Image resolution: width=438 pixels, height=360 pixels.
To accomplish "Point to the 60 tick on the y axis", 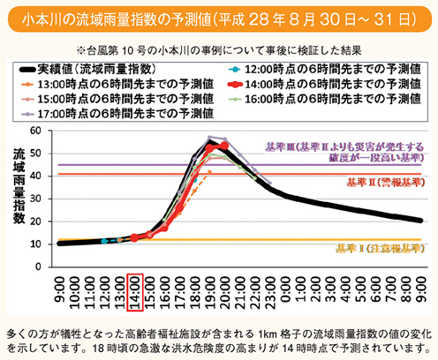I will [x=48, y=131].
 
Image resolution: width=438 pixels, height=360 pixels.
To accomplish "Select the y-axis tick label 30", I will [x=48, y=198].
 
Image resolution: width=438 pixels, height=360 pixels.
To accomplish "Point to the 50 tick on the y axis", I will [x=48, y=153].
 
